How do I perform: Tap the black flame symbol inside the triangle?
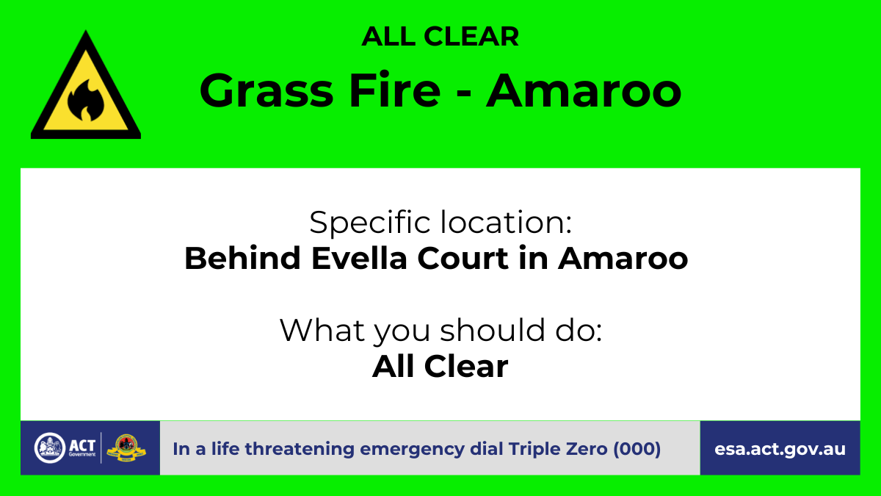point(86,100)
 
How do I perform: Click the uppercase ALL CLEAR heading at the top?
point(440,37)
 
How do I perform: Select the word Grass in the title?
point(267,90)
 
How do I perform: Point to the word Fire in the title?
point(395,90)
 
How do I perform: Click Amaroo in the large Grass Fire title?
point(584,90)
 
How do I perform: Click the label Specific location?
point(440,223)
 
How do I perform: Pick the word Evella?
point(359,258)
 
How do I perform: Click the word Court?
point(463,258)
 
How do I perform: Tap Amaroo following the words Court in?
point(623,259)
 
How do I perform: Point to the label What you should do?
point(440,331)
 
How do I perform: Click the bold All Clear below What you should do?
point(440,366)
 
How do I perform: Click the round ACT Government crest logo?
point(50,448)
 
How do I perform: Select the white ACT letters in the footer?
point(82,445)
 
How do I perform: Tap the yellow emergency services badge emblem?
point(126,448)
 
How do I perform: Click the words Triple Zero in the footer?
point(558,449)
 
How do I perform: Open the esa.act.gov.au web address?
point(780,449)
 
